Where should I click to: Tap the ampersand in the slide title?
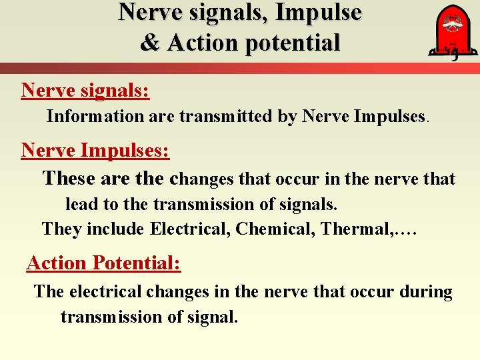point(150,43)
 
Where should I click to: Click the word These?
point(69,179)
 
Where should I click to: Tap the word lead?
point(81,204)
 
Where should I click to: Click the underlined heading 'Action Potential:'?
point(103,263)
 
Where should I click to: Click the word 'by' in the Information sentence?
point(287,117)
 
